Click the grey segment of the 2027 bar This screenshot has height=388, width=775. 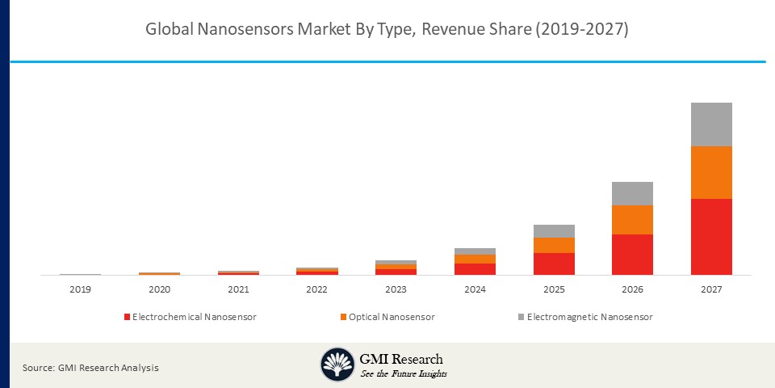(x=711, y=124)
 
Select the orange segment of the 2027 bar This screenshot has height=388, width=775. (x=711, y=172)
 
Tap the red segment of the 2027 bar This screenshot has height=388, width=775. (x=711, y=237)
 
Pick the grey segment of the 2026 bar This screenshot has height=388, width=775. (x=632, y=193)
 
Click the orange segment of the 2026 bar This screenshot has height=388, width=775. (x=632, y=220)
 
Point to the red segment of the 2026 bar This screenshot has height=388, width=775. (x=632, y=255)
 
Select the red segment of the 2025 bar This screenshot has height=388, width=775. (x=554, y=264)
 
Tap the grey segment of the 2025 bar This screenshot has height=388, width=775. (x=554, y=231)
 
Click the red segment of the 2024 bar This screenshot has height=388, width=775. (x=475, y=269)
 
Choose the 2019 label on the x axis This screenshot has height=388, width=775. (x=80, y=289)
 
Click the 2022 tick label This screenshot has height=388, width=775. (x=316, y=289)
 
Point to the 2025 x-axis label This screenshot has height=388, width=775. (x=554, y=289)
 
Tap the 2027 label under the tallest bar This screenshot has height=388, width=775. (x=711, y=289)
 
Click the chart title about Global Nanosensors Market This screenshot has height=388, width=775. (x=387, y=30)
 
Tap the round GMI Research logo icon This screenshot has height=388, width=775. (x=337, y=365)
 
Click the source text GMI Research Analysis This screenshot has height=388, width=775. (x=90, y=368)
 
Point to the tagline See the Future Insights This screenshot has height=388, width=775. (x=404, y=373)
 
